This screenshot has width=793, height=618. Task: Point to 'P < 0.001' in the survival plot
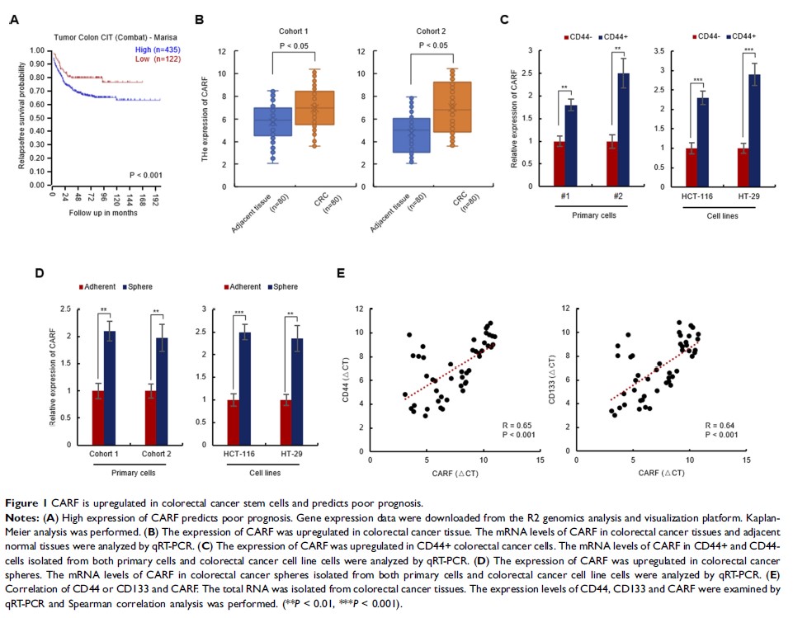click(147, 175)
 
